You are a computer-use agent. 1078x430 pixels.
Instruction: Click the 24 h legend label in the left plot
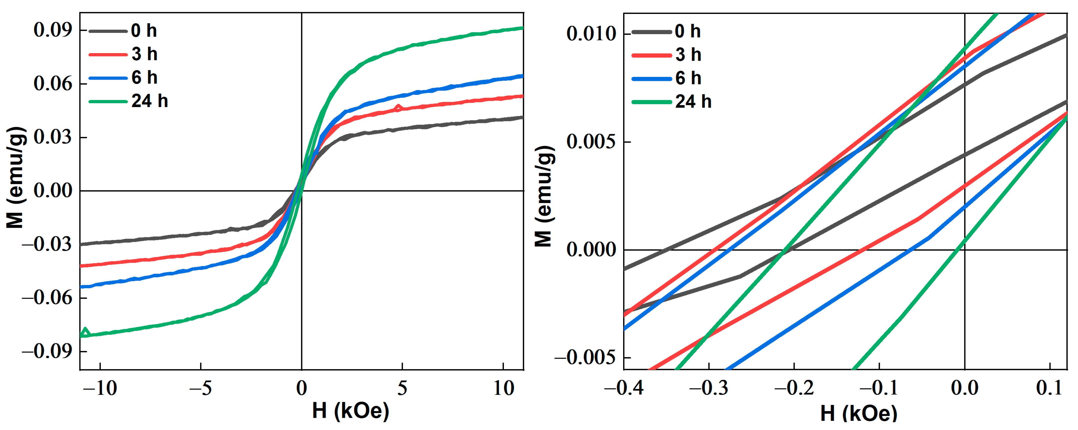tap(149, 101)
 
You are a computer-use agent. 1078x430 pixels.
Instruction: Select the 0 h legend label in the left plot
tap(144, 31)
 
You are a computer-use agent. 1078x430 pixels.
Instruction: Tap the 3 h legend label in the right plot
tap(688, 55)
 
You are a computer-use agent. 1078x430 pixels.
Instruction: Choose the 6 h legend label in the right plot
tap(688, 78)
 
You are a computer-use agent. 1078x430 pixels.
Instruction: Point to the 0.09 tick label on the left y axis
tap(53, 30)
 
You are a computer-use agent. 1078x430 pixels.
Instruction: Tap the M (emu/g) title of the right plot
tap(545, 197)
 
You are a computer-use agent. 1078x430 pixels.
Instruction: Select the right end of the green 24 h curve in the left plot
tap(522, 28)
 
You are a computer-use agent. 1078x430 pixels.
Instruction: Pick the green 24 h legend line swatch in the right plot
tap(651, 102)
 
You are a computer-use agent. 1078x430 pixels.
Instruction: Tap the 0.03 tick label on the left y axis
tap(53, 137)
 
